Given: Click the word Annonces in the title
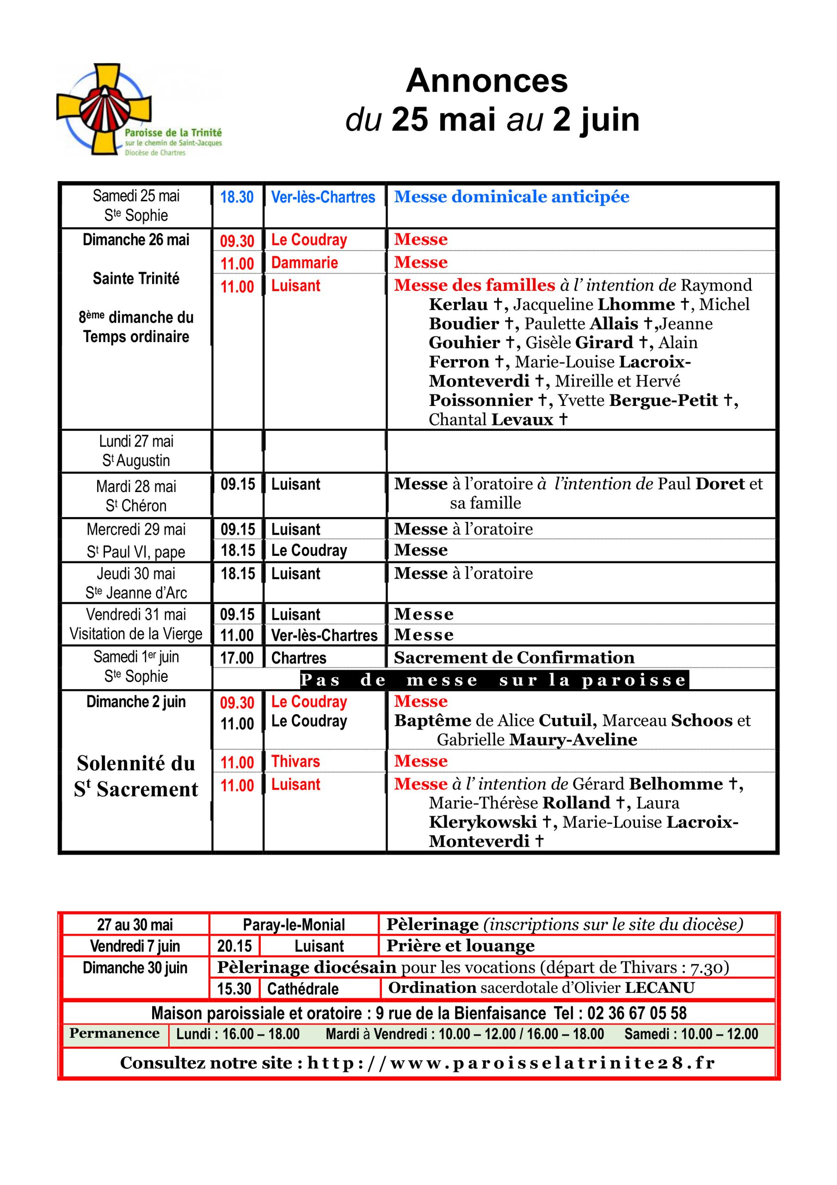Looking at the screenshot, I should click(x=486, y=81).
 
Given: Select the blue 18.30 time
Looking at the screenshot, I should click(x=237, y=197).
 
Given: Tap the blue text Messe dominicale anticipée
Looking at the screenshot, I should click(x=511, y=197).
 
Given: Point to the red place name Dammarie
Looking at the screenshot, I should click(x=304, y=263).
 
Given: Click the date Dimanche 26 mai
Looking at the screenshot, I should click(x=135, y=240).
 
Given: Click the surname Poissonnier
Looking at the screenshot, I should click(x=480, y=400).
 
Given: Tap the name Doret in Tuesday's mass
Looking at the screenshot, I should click(x=720, y=484).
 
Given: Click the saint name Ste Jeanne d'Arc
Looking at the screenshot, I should click(x=136, y=593).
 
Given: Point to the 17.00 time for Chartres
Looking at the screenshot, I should click(x=237, y=658).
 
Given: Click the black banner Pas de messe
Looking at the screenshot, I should click(x=493, y=680).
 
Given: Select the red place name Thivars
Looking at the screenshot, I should click(x=295, y=761).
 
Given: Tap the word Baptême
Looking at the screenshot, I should click(x=432, y=721).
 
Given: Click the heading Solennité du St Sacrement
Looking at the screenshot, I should click(x=135, y=776).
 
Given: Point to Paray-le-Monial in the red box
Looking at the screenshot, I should click(x=294, y=924).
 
